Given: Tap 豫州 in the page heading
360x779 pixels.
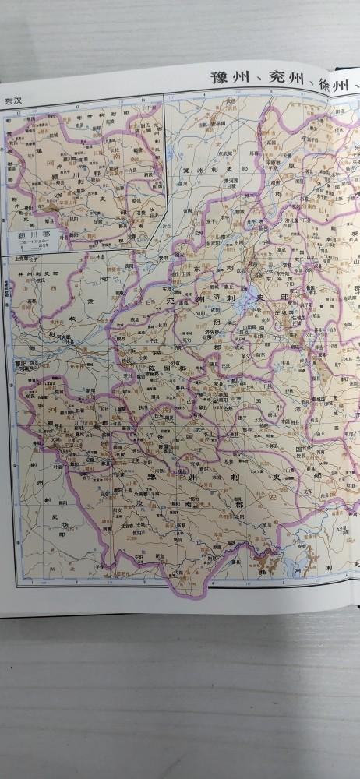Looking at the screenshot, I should click(x=225, y=79).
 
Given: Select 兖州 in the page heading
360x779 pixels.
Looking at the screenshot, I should click(x=277, y=79).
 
